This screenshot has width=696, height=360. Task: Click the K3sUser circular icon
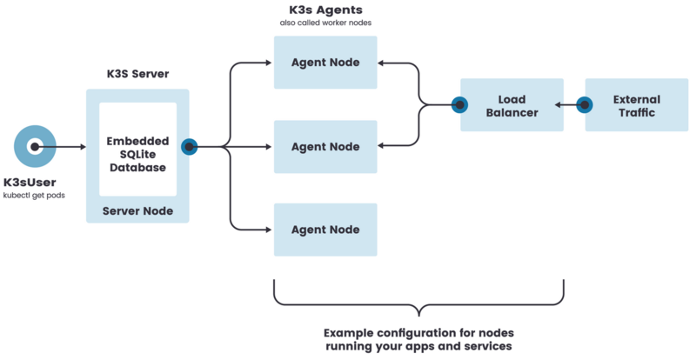click(35, 147)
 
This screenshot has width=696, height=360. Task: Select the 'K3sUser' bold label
click(34, 183)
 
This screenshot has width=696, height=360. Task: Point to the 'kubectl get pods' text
click(34, 196)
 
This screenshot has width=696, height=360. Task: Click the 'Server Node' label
click(137, 211)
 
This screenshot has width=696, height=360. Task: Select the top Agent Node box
click(325, 63)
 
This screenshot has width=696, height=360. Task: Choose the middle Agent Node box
click(325, 147)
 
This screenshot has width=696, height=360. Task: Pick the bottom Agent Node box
click(325, 230)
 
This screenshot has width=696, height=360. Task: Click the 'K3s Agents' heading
click(325, 10)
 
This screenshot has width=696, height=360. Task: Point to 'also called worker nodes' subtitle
click(325, 23)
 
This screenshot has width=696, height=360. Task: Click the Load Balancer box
click(512, 105)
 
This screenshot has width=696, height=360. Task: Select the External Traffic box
click(636, 105)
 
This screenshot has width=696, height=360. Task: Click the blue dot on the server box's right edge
click(188, 147)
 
